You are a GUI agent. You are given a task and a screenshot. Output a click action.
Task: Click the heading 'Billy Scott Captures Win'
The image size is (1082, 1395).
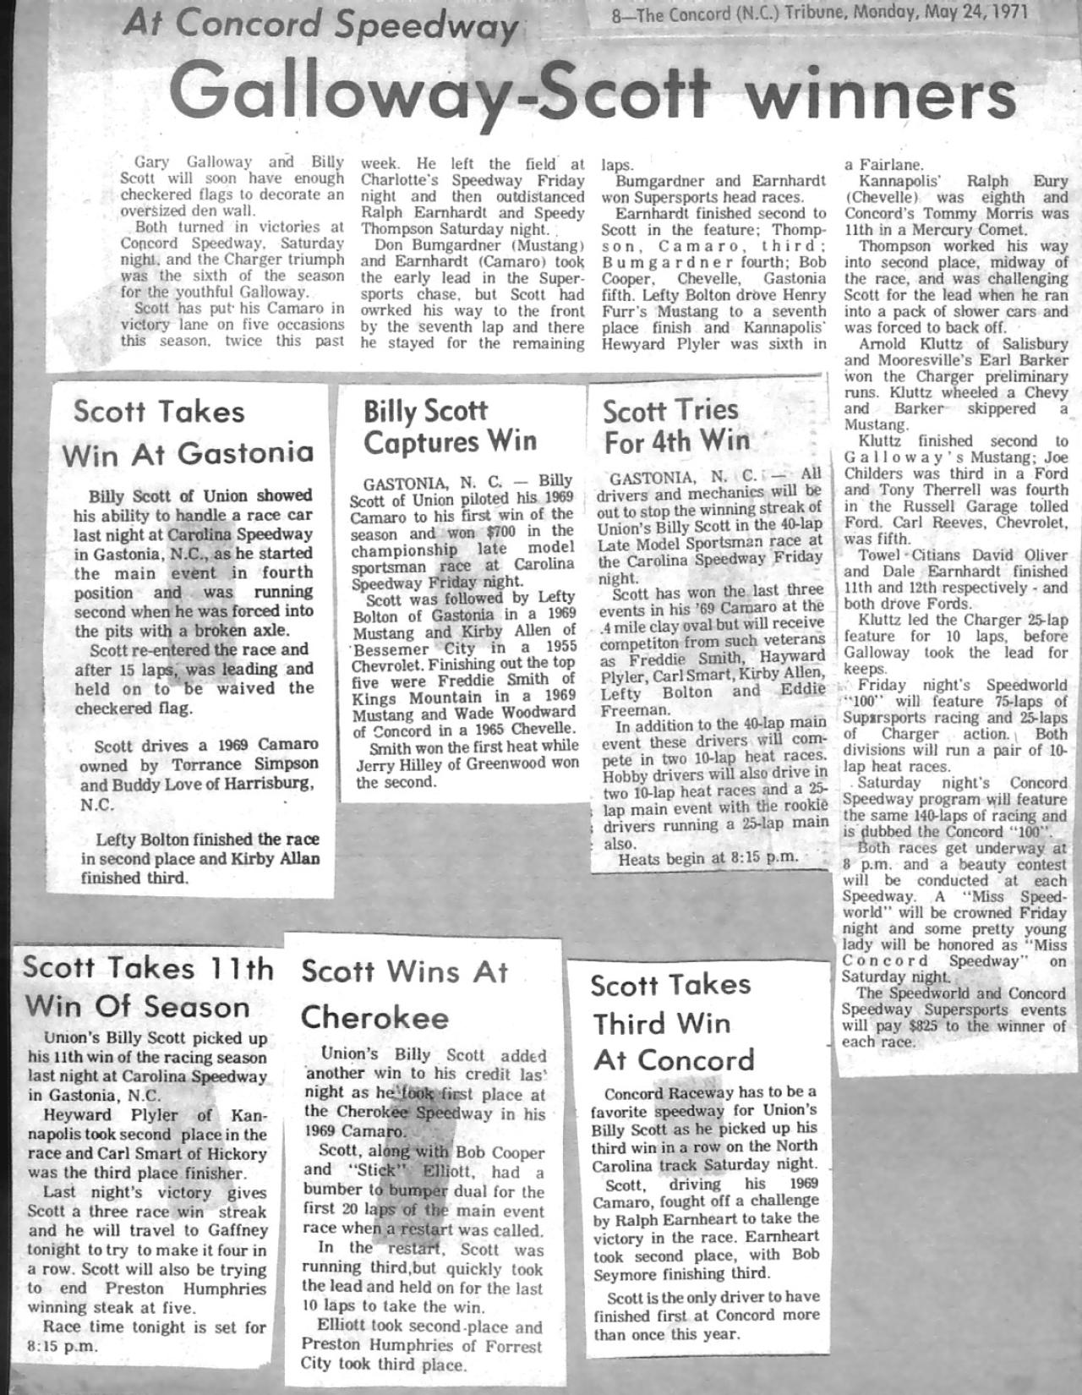pyautogui.click(x=449, y=426)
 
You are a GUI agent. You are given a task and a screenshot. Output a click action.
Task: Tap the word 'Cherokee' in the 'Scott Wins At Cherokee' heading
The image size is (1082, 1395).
pyautogui.click(x=374, y=1016)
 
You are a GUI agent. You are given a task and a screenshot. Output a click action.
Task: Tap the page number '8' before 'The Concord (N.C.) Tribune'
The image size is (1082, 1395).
pyautogui.click(x=616, y=14)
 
